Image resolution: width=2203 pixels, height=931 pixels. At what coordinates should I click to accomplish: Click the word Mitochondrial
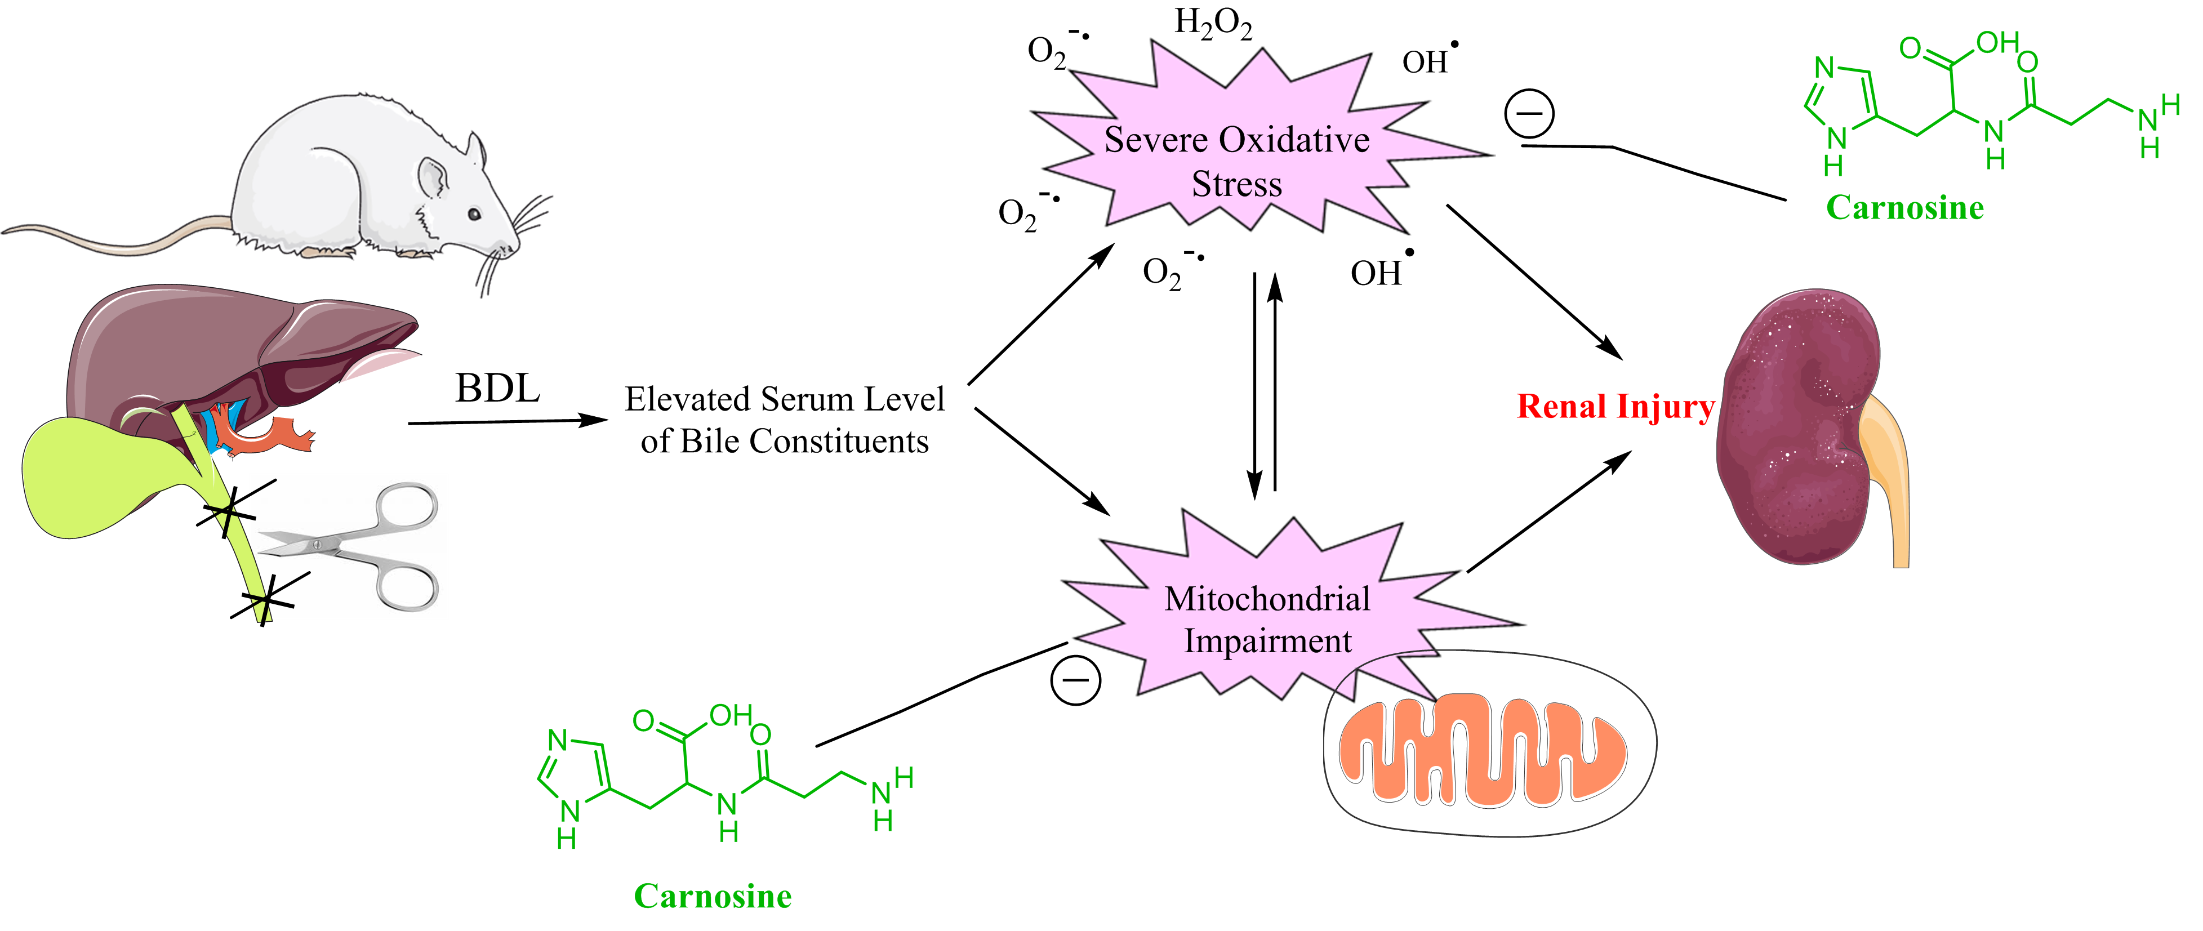coord(1267,599)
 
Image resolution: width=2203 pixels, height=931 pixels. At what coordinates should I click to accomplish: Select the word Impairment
coord(1267,641)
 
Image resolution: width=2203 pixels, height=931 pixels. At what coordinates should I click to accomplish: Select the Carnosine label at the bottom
coord(713,896)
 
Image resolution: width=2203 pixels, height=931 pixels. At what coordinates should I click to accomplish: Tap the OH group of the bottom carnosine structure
coord(731,715)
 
